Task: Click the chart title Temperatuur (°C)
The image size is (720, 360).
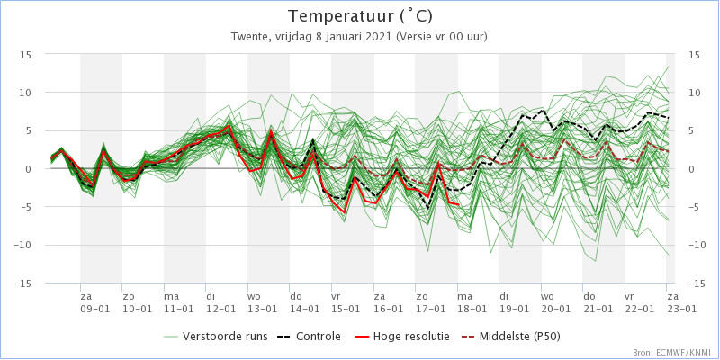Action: click(360, 16)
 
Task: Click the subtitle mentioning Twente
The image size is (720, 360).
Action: click(360, 37)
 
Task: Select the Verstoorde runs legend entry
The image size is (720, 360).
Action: click(216, 337)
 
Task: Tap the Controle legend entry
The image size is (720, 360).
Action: click(309, 337)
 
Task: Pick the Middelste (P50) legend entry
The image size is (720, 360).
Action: click(513, 337)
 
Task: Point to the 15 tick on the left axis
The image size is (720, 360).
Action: click(25, 55)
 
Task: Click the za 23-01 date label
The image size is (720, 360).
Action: click(681, 301)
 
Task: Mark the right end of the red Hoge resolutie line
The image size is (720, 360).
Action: click(458, 204)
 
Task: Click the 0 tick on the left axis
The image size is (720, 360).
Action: click(28, 169)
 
